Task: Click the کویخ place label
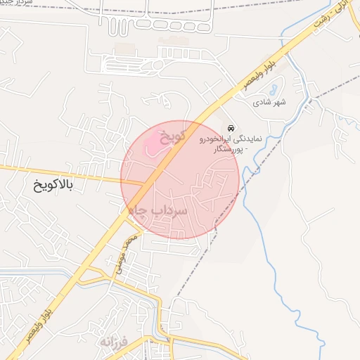click(172, 134)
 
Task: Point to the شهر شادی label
click(270, 103)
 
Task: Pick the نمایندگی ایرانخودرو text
click(230, 139)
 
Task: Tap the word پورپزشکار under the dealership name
click(233, 150)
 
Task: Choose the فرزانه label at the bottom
click(114, 342)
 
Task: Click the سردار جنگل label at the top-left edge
click(15, 4)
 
